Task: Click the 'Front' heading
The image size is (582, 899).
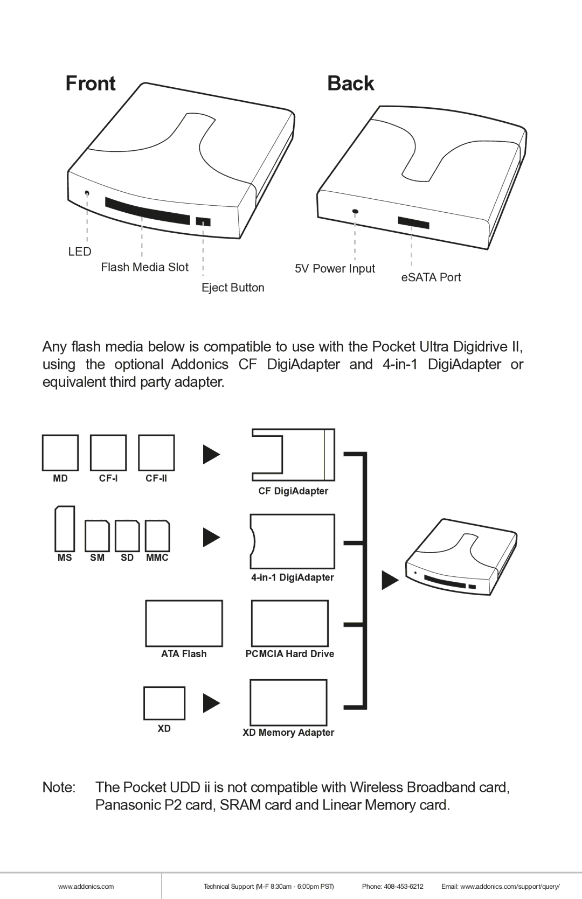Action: [91, 83]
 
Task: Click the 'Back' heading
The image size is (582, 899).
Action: [350, 83]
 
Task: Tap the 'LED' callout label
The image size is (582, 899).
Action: [80, 252]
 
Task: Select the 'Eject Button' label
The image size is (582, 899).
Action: [233, 288]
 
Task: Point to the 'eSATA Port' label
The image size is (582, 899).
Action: [431, 277]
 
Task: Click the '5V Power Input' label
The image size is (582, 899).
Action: [335, 268]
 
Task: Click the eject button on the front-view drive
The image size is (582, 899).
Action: [203, 221]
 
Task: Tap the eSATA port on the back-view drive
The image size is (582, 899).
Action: [413, 222]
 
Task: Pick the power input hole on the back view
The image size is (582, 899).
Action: [355, 212]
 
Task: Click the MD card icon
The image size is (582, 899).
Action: [60, 452]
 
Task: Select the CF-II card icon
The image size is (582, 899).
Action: [156, 452]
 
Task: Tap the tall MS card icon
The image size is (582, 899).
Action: [65, 528]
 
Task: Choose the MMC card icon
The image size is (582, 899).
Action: [157, 535]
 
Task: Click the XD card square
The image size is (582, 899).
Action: [164, 703]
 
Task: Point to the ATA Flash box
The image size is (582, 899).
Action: [184, 623]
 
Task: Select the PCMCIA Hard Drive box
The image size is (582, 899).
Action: [290, 623]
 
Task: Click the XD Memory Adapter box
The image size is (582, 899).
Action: [288, 702]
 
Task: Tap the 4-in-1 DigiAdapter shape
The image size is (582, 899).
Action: [293, 541]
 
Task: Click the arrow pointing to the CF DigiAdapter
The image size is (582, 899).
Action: [211, 455]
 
